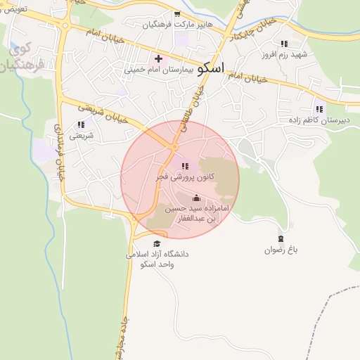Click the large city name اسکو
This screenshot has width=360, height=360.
click(x=211, y=68)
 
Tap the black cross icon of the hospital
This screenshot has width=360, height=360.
click(x=158, y=58)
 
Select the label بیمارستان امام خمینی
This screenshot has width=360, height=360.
click(x=157, y=70)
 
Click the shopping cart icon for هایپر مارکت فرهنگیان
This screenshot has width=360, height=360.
click(x=177, y=13)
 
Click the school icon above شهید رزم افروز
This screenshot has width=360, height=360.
click(x=284, y=44)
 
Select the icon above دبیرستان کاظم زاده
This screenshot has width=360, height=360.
click(x=319, y=109)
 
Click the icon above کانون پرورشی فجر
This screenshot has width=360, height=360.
click(x=184, y=167)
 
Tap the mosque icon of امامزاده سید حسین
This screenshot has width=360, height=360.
click(x=196, y=198)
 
